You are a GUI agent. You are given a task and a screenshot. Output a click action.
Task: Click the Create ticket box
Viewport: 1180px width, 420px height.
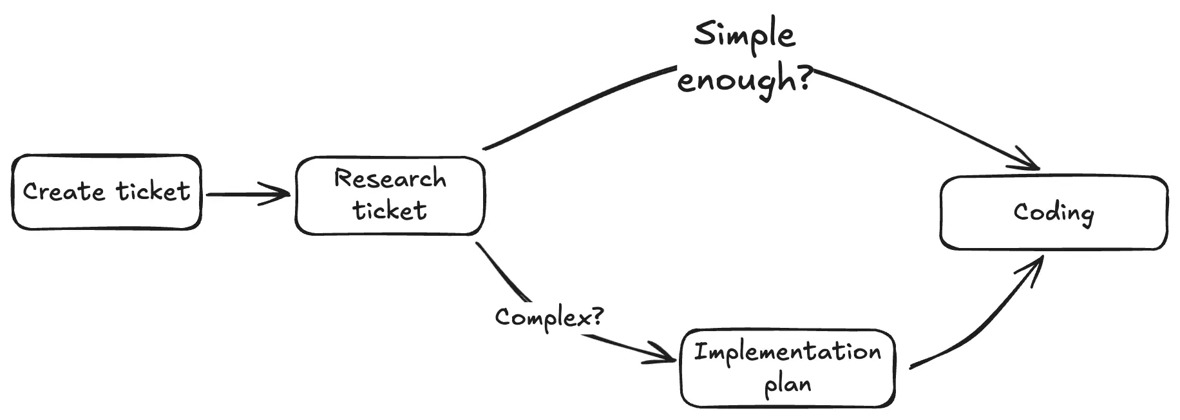(106, 192)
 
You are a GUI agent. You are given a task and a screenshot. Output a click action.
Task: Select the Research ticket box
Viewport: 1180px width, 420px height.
(390, 195)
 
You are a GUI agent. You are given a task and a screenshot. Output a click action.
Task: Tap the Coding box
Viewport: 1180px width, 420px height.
(1053, 213)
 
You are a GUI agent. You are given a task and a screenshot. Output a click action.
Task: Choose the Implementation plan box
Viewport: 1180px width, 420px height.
(787, 368)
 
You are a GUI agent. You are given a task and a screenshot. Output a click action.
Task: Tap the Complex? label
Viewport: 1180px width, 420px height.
(549, 317)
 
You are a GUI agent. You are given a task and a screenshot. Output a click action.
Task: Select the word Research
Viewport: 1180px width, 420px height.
(390, 178)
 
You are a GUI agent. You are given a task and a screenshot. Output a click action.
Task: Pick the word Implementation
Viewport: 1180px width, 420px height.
(787, 352)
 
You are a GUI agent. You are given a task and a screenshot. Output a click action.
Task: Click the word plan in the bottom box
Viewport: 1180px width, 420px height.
(787, 385)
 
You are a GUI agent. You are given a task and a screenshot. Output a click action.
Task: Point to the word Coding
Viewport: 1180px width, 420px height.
(1053, 213)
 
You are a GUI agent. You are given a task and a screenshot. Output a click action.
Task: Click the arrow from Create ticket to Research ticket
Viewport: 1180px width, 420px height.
(248, 194)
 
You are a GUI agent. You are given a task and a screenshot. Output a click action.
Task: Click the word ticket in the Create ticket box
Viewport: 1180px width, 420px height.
(153, 191)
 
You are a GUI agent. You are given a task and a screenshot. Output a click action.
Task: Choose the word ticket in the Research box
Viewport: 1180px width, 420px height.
(390, 211)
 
